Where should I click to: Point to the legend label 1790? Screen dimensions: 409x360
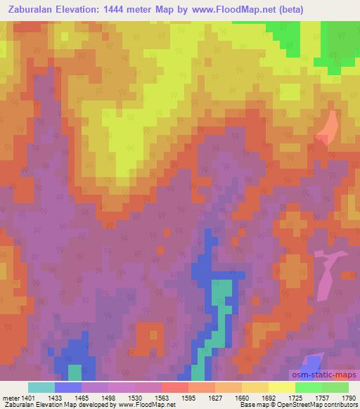point(349,397)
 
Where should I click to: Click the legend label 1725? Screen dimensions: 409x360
point(296,397)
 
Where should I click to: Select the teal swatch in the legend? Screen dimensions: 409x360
point(41,387)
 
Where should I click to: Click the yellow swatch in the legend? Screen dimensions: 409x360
point(282,387)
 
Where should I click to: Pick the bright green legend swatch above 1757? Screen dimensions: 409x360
point(309,387)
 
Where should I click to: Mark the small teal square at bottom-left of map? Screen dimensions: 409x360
point(75,372)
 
